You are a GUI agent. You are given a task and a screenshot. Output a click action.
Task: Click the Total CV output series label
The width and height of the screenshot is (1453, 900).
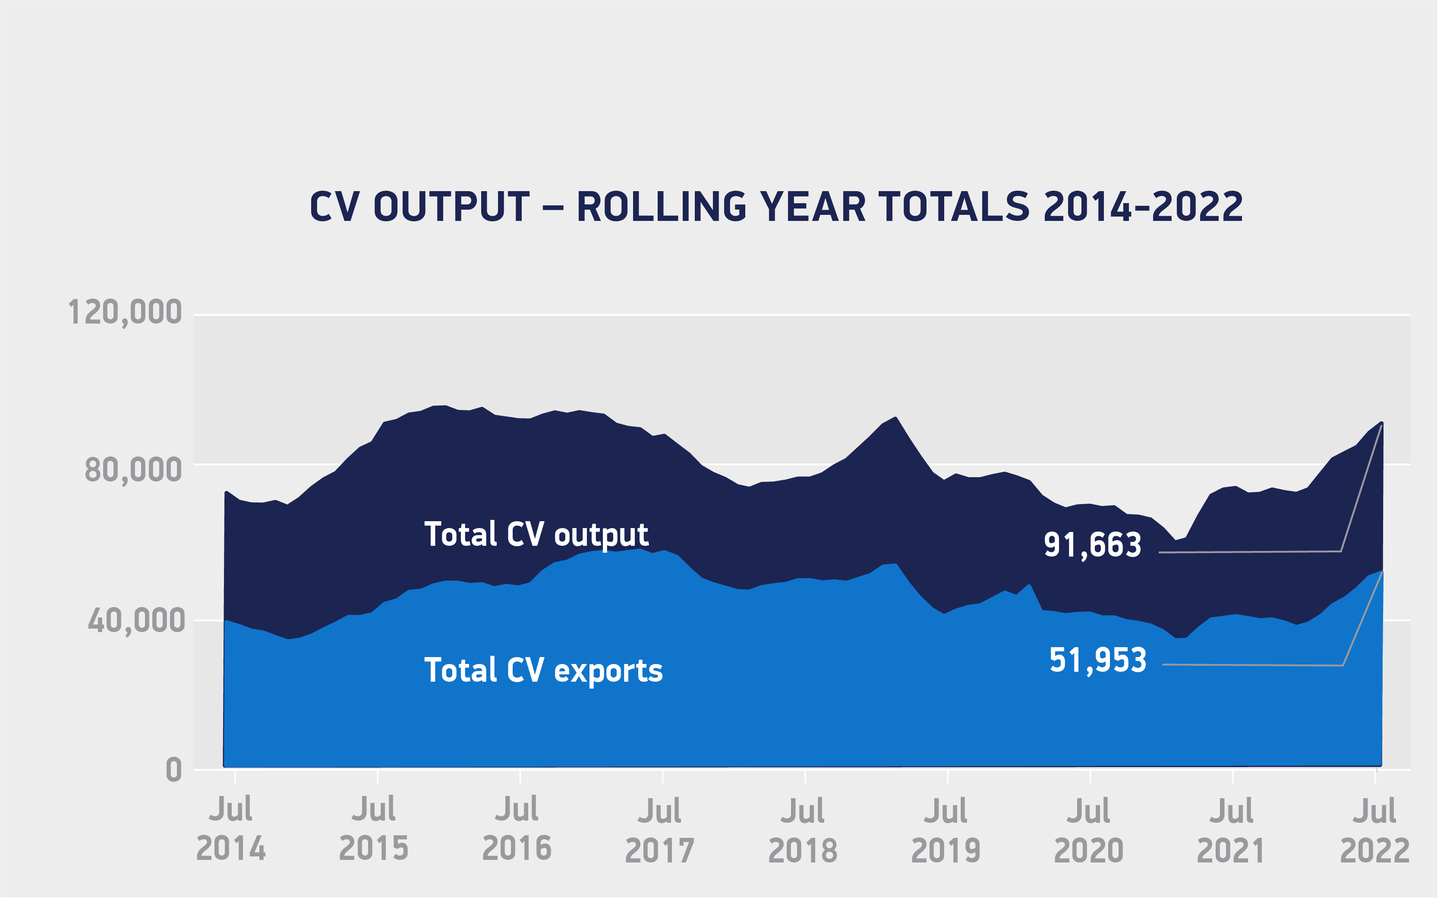click(536, 535)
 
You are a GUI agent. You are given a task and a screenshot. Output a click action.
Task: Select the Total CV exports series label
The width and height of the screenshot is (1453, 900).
click(543, 671)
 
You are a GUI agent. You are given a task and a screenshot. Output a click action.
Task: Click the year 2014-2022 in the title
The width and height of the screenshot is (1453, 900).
click(1143, 207)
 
